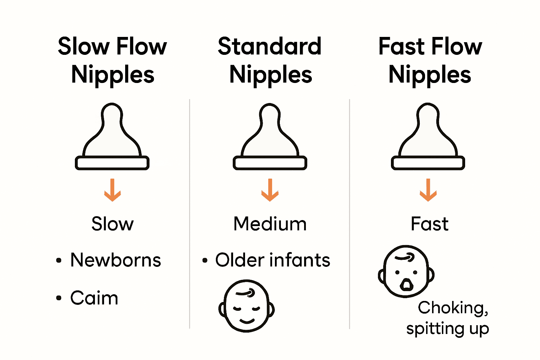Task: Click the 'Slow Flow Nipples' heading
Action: (112, 60)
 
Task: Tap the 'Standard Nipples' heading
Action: (270, 60)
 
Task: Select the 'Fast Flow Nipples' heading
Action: (430, 60)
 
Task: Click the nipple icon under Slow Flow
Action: (112, 137)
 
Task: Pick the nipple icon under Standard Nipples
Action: (270, 137)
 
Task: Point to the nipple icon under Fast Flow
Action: (428, 137)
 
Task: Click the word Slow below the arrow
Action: (112, 224)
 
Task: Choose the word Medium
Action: (270, 224)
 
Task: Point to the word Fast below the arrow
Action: (430, 224)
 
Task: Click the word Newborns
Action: (116, 260)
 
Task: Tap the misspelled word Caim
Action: (94, 298)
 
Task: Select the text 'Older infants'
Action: (273, 260)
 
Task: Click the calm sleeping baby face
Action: (246, 306)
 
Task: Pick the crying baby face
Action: (406, 271)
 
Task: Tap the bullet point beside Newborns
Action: (59, 261)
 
